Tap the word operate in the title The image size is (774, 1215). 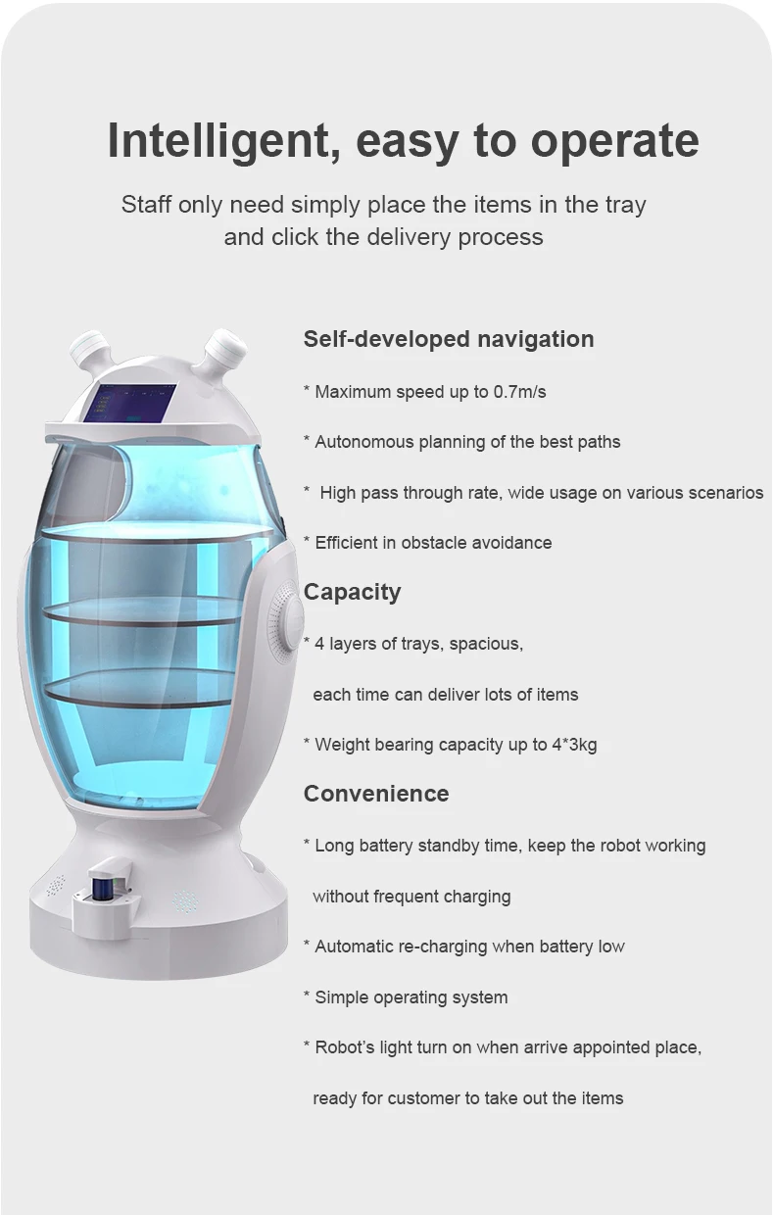(614, 142)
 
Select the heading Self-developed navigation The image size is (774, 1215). (449, 339)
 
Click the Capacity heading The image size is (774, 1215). (352, 592)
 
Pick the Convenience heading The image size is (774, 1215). (376, 794)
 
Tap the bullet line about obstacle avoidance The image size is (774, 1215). (433, 543)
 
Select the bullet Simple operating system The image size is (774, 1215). (411, 997)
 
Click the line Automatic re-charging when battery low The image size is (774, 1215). (469, 947)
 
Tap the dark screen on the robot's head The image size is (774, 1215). (130, 402)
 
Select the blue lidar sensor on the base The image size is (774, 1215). (98, 889)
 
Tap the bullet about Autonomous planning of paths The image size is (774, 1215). (467, 442)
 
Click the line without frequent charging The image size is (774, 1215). (411, 897)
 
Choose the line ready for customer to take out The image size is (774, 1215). (467, 1098)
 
